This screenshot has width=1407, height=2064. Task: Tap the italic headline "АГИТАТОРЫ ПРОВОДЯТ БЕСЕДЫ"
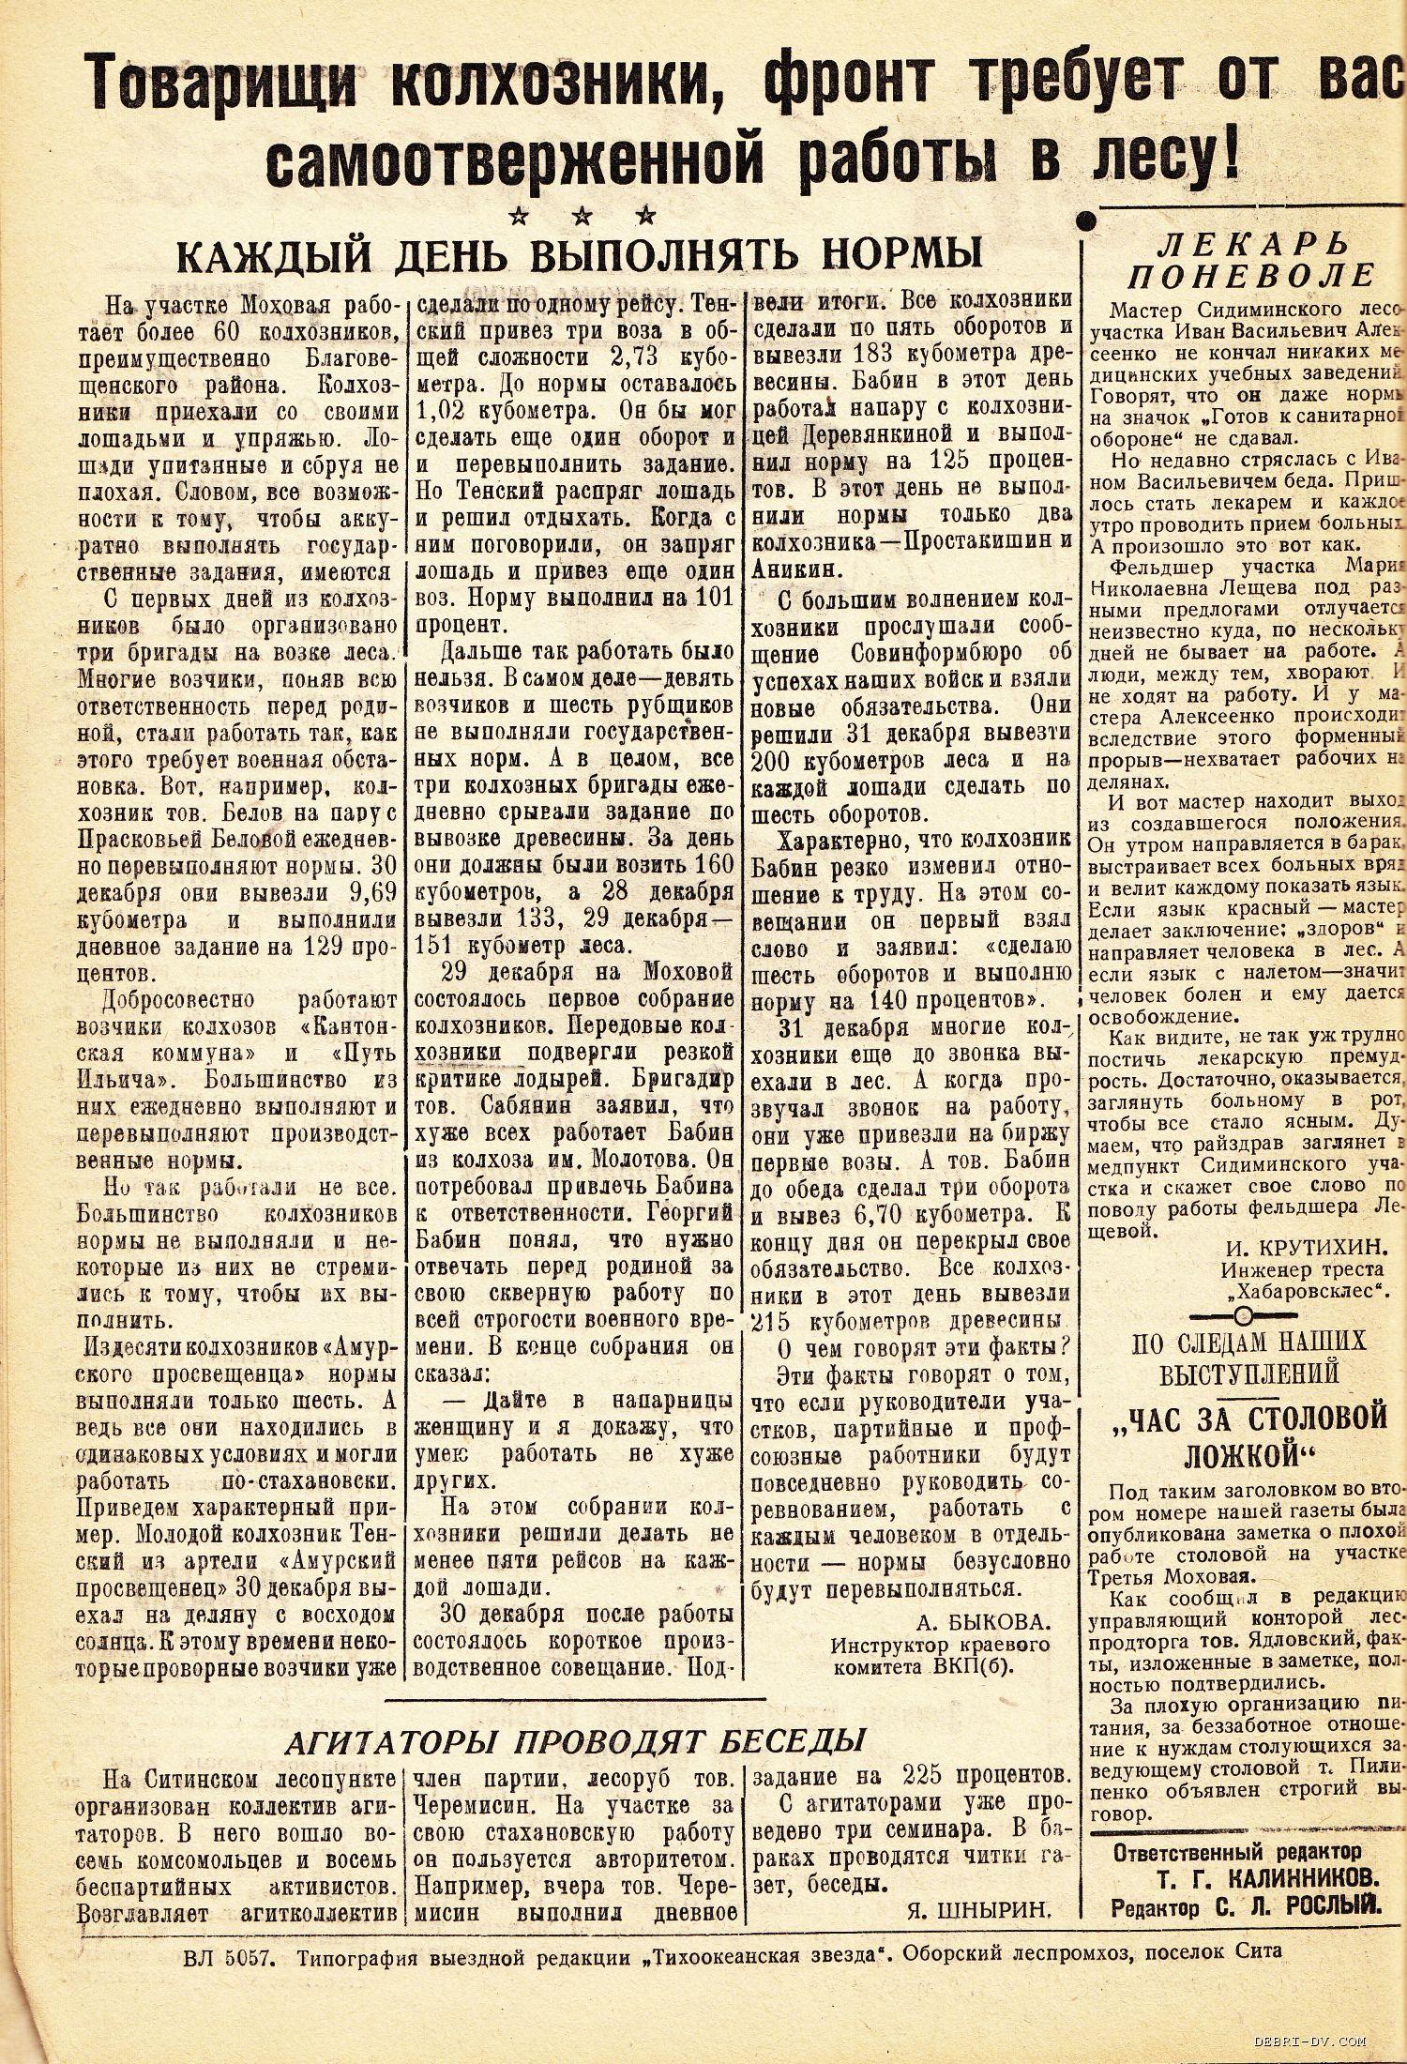click(x=573, y=1740)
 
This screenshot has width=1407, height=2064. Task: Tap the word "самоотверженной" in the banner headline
click(x=522, y=157)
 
